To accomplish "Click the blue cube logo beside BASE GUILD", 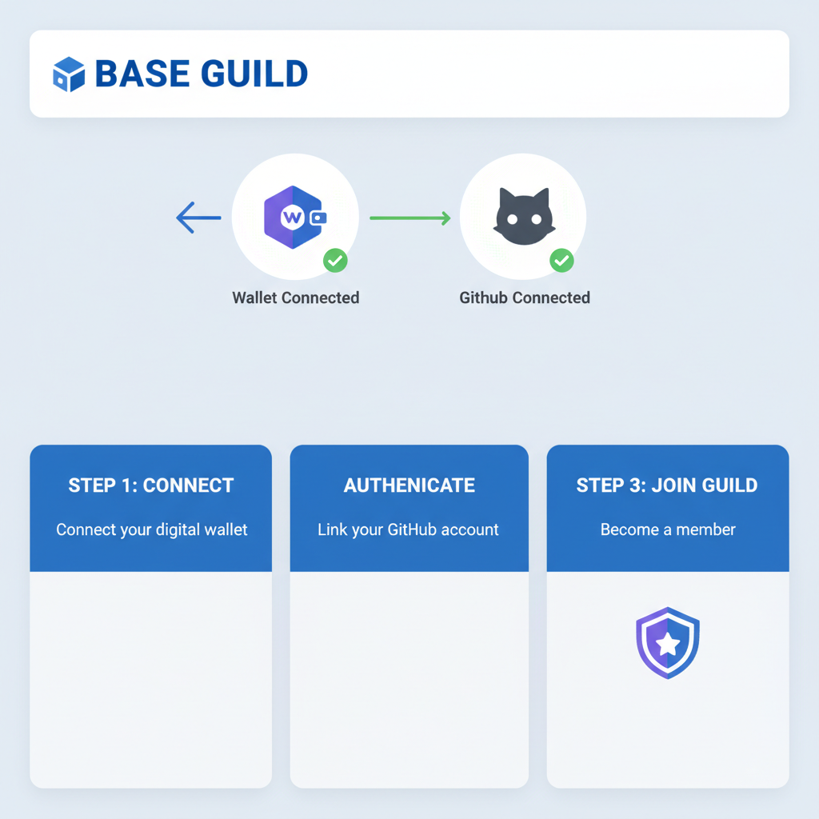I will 69,74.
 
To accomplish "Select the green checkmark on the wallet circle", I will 335,260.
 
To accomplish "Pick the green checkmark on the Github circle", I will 561,260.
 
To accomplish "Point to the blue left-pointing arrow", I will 198,218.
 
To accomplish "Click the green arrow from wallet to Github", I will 409,218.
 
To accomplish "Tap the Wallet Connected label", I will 295,298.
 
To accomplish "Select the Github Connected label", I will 525,298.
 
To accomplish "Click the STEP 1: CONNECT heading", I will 151,485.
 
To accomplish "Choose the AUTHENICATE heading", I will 409,485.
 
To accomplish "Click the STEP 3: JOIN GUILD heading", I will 667,485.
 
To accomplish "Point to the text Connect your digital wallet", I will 152,529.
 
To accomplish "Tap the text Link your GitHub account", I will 408,529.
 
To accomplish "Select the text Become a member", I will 668,529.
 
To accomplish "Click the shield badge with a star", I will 668,643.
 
